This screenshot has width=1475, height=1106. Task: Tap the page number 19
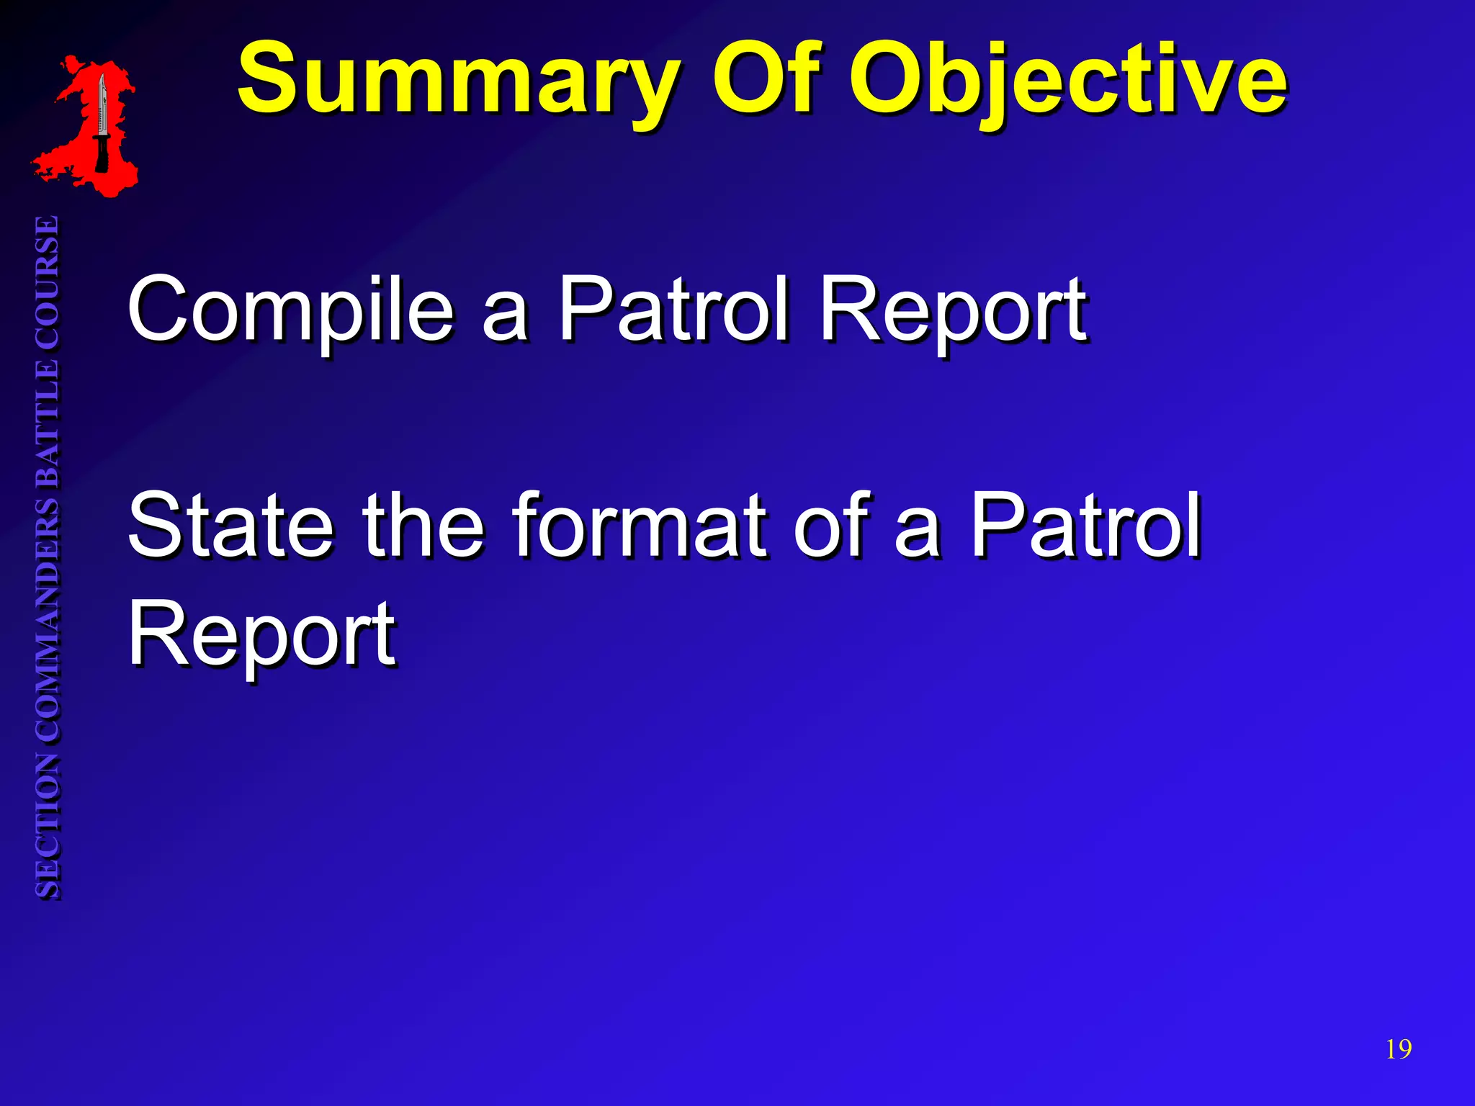(x=1398, y=1049)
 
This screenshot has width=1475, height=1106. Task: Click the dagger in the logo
(x=102, y=122)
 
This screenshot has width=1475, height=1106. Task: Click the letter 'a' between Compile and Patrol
(x=505, y=317)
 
